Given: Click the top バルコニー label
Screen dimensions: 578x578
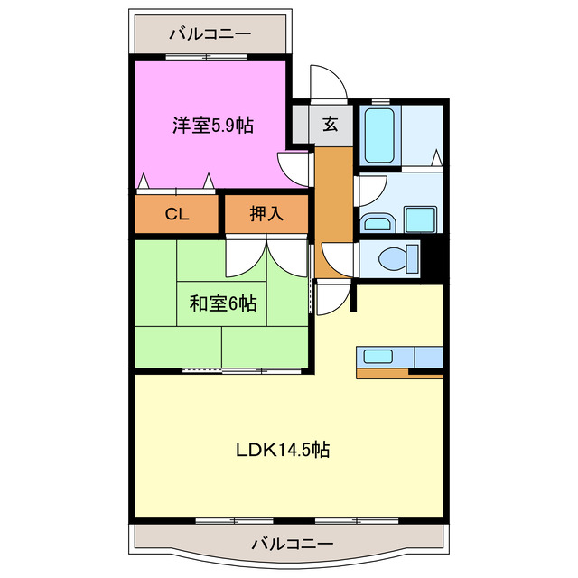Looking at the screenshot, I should [210, 33].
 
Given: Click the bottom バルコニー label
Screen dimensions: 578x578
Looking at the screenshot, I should [292, 544].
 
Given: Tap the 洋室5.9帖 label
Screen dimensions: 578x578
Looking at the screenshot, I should [213, 126].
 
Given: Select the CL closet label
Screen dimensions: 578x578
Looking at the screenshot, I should [177, 214].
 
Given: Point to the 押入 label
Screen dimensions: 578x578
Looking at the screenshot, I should [266, 214].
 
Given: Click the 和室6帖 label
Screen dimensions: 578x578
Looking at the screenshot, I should [222, 303].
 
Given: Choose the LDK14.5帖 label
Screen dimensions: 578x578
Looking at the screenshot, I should [284, 449].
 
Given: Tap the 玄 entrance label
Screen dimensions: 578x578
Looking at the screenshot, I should [330, 125].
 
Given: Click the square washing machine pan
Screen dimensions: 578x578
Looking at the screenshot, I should [420, 219].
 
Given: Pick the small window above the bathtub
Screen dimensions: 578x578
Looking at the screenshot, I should [380, 100].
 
